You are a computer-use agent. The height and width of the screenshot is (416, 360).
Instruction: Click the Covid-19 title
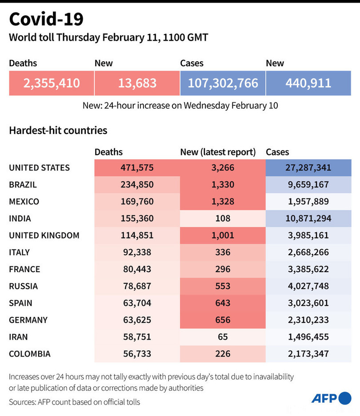46,20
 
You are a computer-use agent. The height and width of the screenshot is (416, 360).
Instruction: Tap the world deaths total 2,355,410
52,83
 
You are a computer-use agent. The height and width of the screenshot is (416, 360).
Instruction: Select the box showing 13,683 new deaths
137,83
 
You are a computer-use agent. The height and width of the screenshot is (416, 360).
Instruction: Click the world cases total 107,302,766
223,83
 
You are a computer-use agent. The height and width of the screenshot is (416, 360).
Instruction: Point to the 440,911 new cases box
308,83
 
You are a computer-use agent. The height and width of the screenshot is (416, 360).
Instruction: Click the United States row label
40,168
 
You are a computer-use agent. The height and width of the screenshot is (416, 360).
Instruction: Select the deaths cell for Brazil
137,185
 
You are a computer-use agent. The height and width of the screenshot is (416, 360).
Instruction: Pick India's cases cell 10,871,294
308,218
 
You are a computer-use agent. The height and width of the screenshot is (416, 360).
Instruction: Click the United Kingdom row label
44,235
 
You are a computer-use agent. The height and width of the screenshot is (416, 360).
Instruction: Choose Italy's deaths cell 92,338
137,252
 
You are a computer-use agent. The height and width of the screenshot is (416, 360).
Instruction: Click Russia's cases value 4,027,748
308,286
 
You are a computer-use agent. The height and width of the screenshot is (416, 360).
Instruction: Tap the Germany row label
28,320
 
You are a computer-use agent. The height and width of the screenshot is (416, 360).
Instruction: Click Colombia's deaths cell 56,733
137,353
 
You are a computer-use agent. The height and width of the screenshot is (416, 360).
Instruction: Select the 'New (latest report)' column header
218,152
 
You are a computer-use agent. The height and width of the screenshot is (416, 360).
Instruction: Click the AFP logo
331,398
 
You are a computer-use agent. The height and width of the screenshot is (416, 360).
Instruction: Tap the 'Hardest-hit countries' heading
58,131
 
